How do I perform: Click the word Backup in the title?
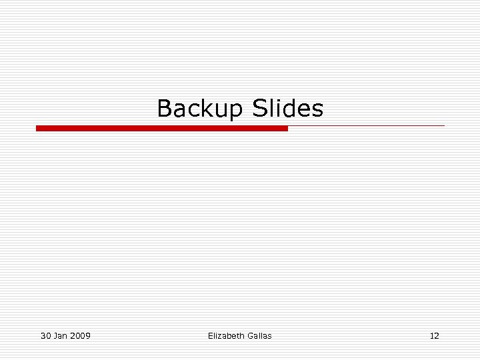[x=201, y=108]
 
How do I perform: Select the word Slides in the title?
[x=288, y=108]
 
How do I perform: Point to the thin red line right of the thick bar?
[x=366, y=125]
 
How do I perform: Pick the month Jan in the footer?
[x=61, y=335]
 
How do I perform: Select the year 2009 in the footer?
[x=80, y=335]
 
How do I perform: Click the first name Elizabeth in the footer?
[x=225, y=335]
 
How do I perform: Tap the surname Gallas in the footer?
[x=259, y=335]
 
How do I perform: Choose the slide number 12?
[x=434, y=335]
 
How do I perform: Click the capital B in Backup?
[x=164, y=108]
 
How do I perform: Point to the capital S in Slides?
[x=260, y=108]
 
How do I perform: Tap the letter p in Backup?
[x=236, y=110]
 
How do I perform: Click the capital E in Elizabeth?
[x=211, y=335]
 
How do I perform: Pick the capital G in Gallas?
[x=249, y=335]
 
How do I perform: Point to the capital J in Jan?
[x=55, y=335]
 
